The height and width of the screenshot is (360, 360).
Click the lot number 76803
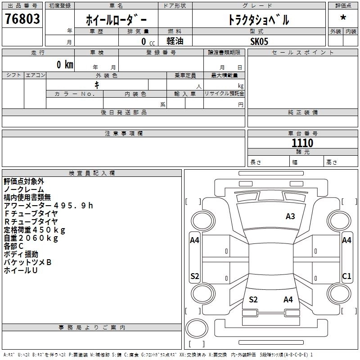click(x=22, y=19)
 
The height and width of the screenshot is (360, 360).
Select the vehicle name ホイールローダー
click(x=117, y=20)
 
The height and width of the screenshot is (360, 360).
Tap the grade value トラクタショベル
click(x=258, y=20)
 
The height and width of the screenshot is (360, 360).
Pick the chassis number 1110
click(x=302, y=143)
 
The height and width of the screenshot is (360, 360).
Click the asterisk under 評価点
click(x=343, y=18)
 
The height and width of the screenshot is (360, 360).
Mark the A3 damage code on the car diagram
click(x=290, y=216)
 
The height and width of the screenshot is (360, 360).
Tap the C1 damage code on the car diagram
click(x=346, y=276)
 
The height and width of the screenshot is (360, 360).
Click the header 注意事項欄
click(x=124, y=134)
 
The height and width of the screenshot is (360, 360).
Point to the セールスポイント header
click(x=303, y=53)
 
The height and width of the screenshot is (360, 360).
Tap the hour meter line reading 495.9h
click(x=48, y=206)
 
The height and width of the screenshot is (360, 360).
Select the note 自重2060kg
click(x=31, y=238)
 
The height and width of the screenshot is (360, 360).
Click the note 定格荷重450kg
click(x=35, y=230)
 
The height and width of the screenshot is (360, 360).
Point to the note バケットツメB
click(x=27, y=262)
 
